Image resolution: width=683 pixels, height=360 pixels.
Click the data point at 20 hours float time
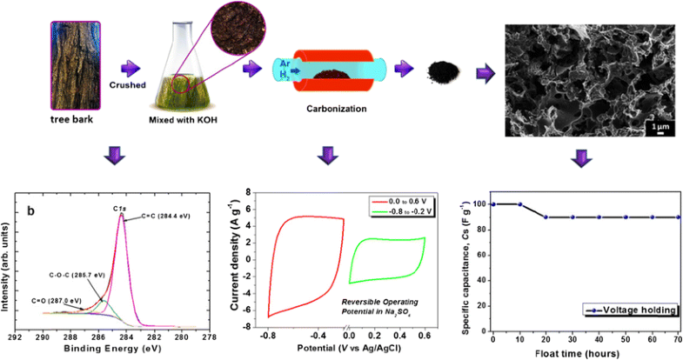tap(546, 217)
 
